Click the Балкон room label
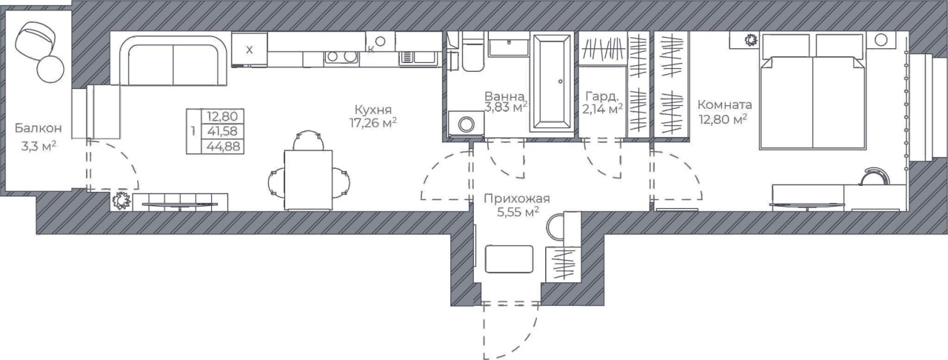pos(38,128)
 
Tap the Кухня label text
pos(373,110)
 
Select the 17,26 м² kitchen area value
pos(373,123)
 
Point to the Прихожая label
pos(517,199)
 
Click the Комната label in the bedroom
pos(724,104)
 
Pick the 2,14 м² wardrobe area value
pos(602,110)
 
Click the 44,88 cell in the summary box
pos(224,146)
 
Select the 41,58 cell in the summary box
pos(222,131)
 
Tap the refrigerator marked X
pos(250,50)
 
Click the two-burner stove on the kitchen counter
pos(341,57)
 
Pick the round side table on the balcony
pos(50,68)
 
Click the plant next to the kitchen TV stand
pos(121,200)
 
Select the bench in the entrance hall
pos(509,259)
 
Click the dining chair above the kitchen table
pos(309,140)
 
